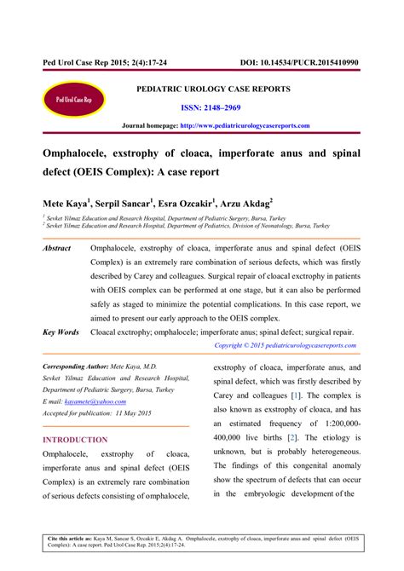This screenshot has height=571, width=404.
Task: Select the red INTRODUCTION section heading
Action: pyautogui.click(x=75, y=440)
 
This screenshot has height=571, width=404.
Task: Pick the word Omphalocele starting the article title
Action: pyautogui.click(x=78, y=152)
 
